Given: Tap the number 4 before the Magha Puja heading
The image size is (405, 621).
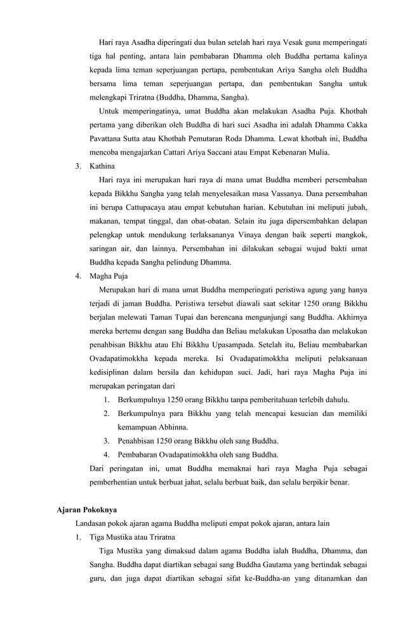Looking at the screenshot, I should (x=77, y=276).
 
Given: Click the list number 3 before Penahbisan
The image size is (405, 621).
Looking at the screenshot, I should (x=106, y=441).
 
